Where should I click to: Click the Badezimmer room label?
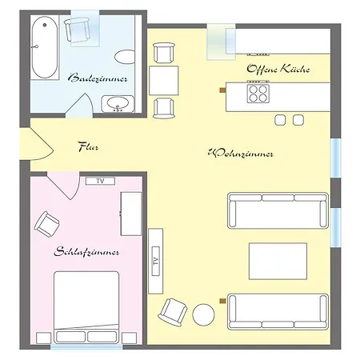(x=98, y=78)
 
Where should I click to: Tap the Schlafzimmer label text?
(x=86, y=251)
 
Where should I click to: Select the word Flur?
(x=88, y=146)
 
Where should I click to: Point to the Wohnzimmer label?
(x=241, y=153)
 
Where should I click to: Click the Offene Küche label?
(x=278, y=69)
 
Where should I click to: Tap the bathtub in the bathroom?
(x=45, y=47)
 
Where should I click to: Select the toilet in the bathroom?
(x=125, y=57)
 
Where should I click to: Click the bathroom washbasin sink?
(x=118, y=103)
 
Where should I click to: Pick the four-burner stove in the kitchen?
(x=258, y=94)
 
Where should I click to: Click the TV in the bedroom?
(x=100, y=181)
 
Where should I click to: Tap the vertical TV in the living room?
(x=156, y=261)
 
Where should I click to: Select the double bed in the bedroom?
(x=86, y=307)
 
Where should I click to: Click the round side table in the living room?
(x=203, y=314)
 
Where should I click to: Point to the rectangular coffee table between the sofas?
(x=278, y=261)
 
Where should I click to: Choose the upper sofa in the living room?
(x=278, y=210)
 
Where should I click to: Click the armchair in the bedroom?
(x=47, y=224)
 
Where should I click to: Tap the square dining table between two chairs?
(x=164, y=81)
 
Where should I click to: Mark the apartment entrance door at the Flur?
(x=37, y=144)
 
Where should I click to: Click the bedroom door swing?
(x=64, y=186)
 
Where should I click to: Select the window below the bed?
(x=86, y=346)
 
